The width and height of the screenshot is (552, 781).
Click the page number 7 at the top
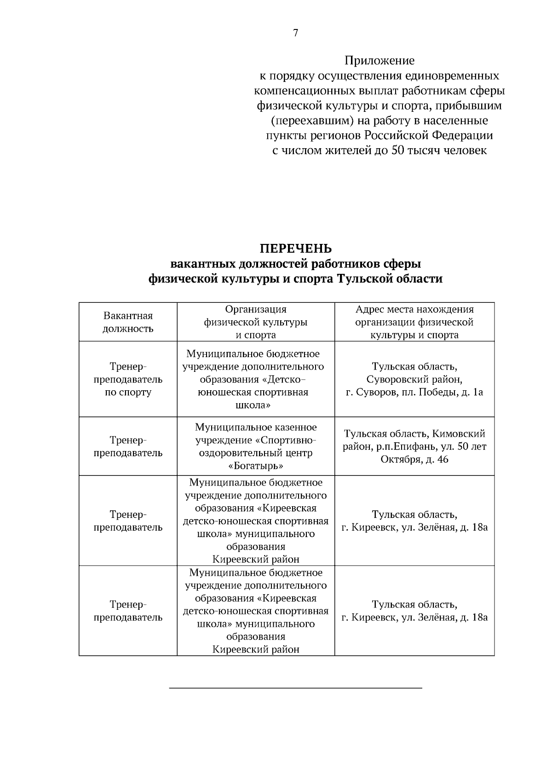295,33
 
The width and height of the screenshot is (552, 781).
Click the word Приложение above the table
379,60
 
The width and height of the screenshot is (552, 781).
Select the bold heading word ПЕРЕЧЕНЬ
295,249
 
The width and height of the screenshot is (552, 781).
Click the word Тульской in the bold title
364,279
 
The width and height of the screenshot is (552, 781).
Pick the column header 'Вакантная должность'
128,322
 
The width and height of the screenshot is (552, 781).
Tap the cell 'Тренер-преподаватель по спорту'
128,380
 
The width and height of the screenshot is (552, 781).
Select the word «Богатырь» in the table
256,466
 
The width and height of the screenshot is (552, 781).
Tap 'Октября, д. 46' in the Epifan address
414,459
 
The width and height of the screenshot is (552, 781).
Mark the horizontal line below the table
295,688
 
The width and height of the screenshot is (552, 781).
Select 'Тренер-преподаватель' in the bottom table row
128,611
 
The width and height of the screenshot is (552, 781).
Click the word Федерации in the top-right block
469,136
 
